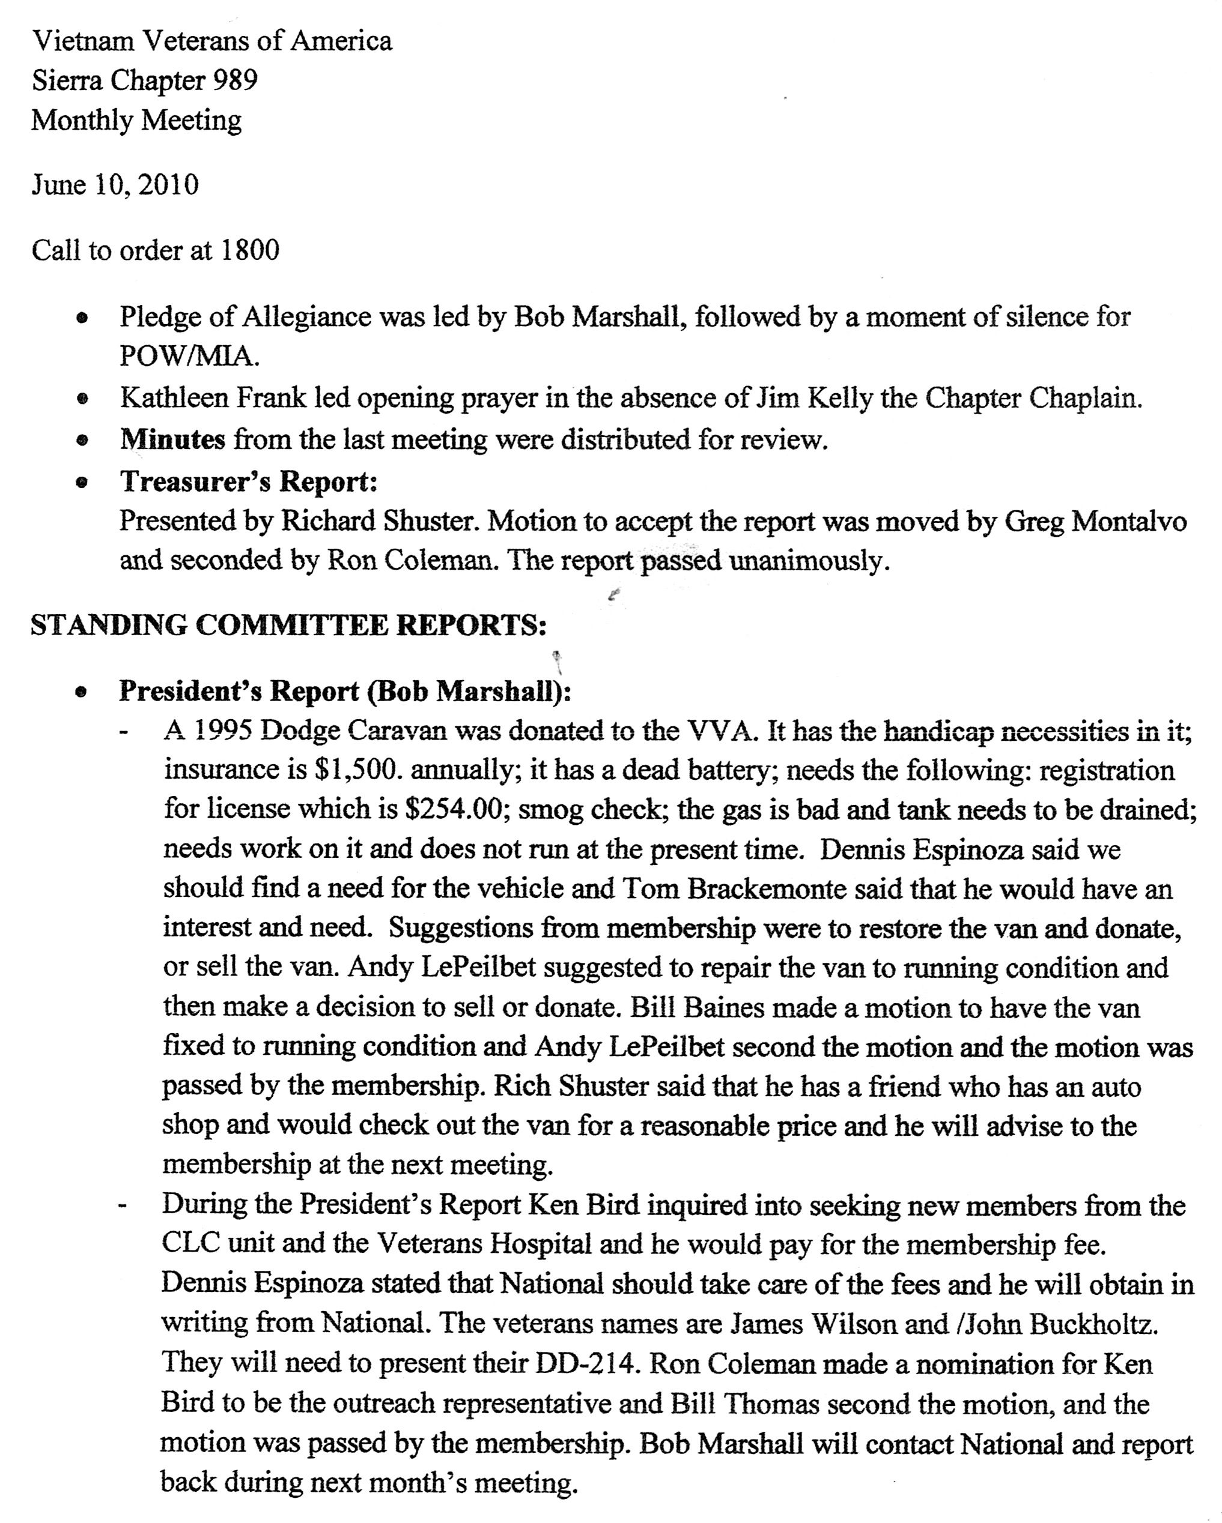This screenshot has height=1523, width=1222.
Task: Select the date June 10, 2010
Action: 115,185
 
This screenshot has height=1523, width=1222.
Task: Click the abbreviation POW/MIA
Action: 188,357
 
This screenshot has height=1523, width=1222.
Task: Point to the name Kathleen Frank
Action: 213,399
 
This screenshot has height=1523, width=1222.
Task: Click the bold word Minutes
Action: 172,439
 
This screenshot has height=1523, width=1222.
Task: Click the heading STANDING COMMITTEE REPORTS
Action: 288,625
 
